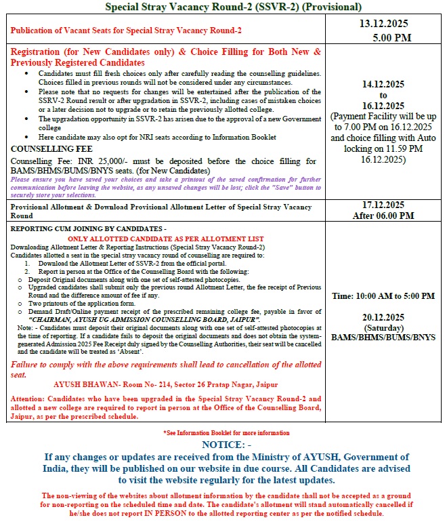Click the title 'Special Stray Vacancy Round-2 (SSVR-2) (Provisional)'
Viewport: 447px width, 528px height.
[223, 7]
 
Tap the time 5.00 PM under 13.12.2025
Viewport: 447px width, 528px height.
[388, 37]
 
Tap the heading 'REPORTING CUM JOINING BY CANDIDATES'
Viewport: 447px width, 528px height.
[87, 230]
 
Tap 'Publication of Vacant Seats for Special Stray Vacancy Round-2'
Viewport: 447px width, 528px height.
[127, 31]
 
